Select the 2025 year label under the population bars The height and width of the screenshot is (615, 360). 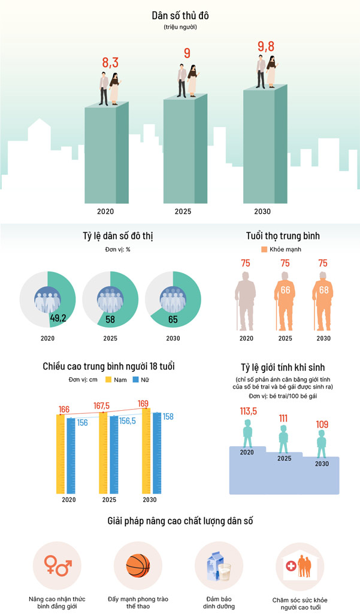pos(183,211)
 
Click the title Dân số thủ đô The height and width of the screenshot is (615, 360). pos(180,16)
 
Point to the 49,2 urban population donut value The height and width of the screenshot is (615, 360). pos(58,317)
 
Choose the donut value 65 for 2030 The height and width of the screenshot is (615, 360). pos(173,319)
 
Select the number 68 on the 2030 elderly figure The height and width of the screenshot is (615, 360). pos(323,290)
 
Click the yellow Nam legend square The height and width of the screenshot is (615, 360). pos(109,380)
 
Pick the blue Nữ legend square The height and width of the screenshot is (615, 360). pos(135,380)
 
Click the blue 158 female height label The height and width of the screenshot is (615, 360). pos(168,416)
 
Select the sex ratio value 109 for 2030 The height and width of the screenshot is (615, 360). pos(322,425)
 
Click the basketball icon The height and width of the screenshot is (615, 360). pos(138,565)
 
